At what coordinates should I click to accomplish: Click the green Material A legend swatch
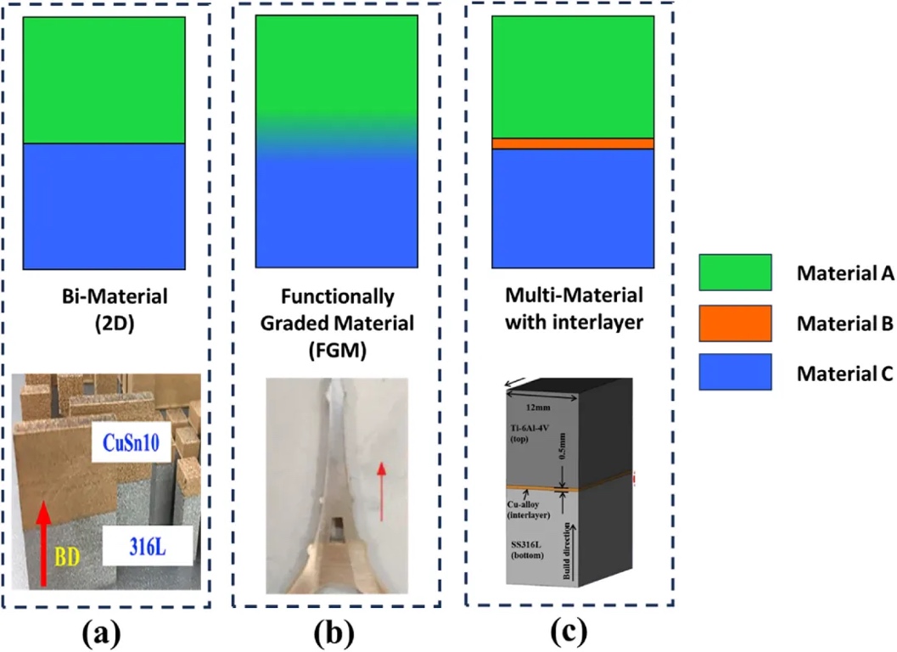click(734, 273)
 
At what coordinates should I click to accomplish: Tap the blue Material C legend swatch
click(734, 371)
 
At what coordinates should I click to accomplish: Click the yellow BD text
click(70, 556)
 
